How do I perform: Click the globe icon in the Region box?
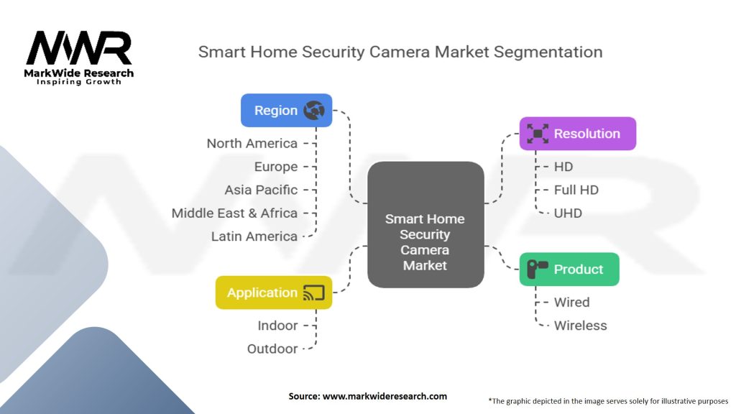pos(314,110)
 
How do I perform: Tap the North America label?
pos(252,143)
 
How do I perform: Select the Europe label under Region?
pos(276,167)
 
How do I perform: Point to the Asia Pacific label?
pos(261,190)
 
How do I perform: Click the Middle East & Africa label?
pos(234,213)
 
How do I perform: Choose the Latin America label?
pos(254,236)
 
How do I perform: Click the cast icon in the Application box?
pos(314,293)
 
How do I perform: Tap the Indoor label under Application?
pos(277,326)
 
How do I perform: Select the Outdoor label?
pos(272,349)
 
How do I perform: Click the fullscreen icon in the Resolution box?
pos(538,134)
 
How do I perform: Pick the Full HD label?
pos(576,190)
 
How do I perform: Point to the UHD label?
pos(568,213)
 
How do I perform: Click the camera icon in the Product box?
pos(537,269)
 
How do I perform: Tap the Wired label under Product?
pos(571,303)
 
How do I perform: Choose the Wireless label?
pos(580,326)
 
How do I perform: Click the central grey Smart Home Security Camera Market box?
pos(425,224)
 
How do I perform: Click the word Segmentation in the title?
pos(548,52)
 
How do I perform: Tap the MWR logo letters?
pos(79,47)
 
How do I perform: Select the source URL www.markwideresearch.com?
pos(385,396)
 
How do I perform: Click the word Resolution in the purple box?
pos(587,134)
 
